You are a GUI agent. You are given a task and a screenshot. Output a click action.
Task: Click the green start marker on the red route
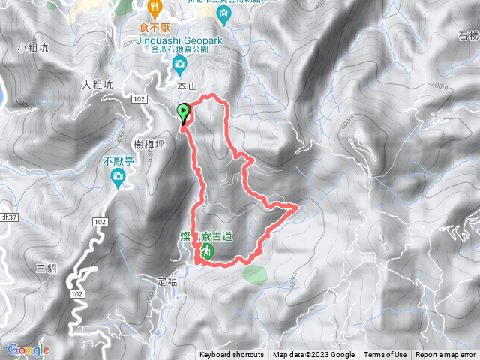[184, 112]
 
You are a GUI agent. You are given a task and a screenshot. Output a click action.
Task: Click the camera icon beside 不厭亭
[118, 177]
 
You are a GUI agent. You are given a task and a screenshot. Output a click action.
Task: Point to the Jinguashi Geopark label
[185, 38]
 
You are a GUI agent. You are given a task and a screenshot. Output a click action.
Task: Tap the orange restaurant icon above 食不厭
[155, 9]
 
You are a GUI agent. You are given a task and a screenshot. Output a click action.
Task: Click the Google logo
[28, 349]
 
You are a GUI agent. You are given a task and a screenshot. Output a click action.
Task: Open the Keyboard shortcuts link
[232, 355]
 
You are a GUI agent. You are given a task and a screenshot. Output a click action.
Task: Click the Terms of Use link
[385, 355]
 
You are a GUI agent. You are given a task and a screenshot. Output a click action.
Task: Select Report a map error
[446, 355]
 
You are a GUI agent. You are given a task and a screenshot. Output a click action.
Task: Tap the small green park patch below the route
[253, 272]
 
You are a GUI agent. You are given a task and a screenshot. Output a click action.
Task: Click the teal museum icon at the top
[223, 15]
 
